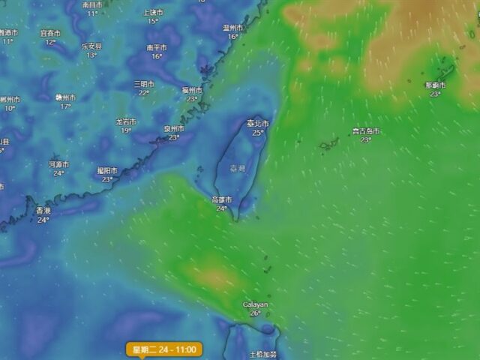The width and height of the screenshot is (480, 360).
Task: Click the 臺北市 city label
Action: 257,123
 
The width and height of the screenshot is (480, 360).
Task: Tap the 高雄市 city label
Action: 222,199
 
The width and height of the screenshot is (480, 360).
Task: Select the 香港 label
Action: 43,211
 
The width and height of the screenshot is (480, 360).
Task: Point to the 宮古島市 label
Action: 365,130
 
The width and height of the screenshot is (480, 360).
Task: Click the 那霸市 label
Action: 435,85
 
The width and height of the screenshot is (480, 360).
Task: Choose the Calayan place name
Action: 255,304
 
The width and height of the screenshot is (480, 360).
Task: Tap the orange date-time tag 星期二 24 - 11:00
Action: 164,349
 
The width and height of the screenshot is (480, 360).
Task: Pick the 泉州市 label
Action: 174,128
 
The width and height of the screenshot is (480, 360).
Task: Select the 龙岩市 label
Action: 126,121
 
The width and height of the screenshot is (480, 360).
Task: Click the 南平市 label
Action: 157,47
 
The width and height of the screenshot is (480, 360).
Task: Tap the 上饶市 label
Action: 152,12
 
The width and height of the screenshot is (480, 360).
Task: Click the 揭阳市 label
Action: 107,170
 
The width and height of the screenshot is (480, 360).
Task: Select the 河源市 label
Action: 58,163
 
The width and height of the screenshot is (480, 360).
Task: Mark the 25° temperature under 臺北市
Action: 258,133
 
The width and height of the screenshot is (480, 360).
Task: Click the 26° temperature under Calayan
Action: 255,313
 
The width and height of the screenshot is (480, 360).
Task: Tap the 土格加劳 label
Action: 262,354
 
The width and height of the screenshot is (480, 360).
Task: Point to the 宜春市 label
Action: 50,33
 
